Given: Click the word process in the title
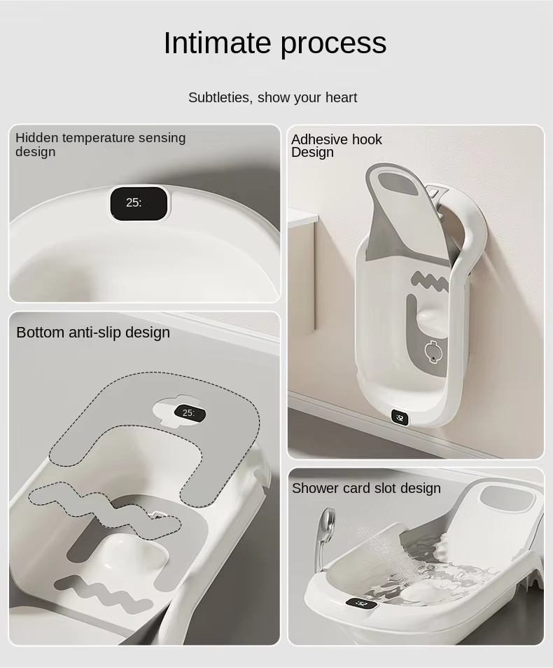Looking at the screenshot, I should (333, 43).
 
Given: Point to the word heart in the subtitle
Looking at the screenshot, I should (341, 97).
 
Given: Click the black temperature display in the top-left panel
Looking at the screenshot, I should (139, 203).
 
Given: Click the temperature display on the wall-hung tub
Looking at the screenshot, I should (400, 417).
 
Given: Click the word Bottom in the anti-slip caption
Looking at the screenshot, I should (40, 332).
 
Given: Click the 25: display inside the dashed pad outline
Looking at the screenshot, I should (188, 413).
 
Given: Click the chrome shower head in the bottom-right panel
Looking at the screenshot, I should (326, 522).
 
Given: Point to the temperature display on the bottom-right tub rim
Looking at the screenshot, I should (361, 603).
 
